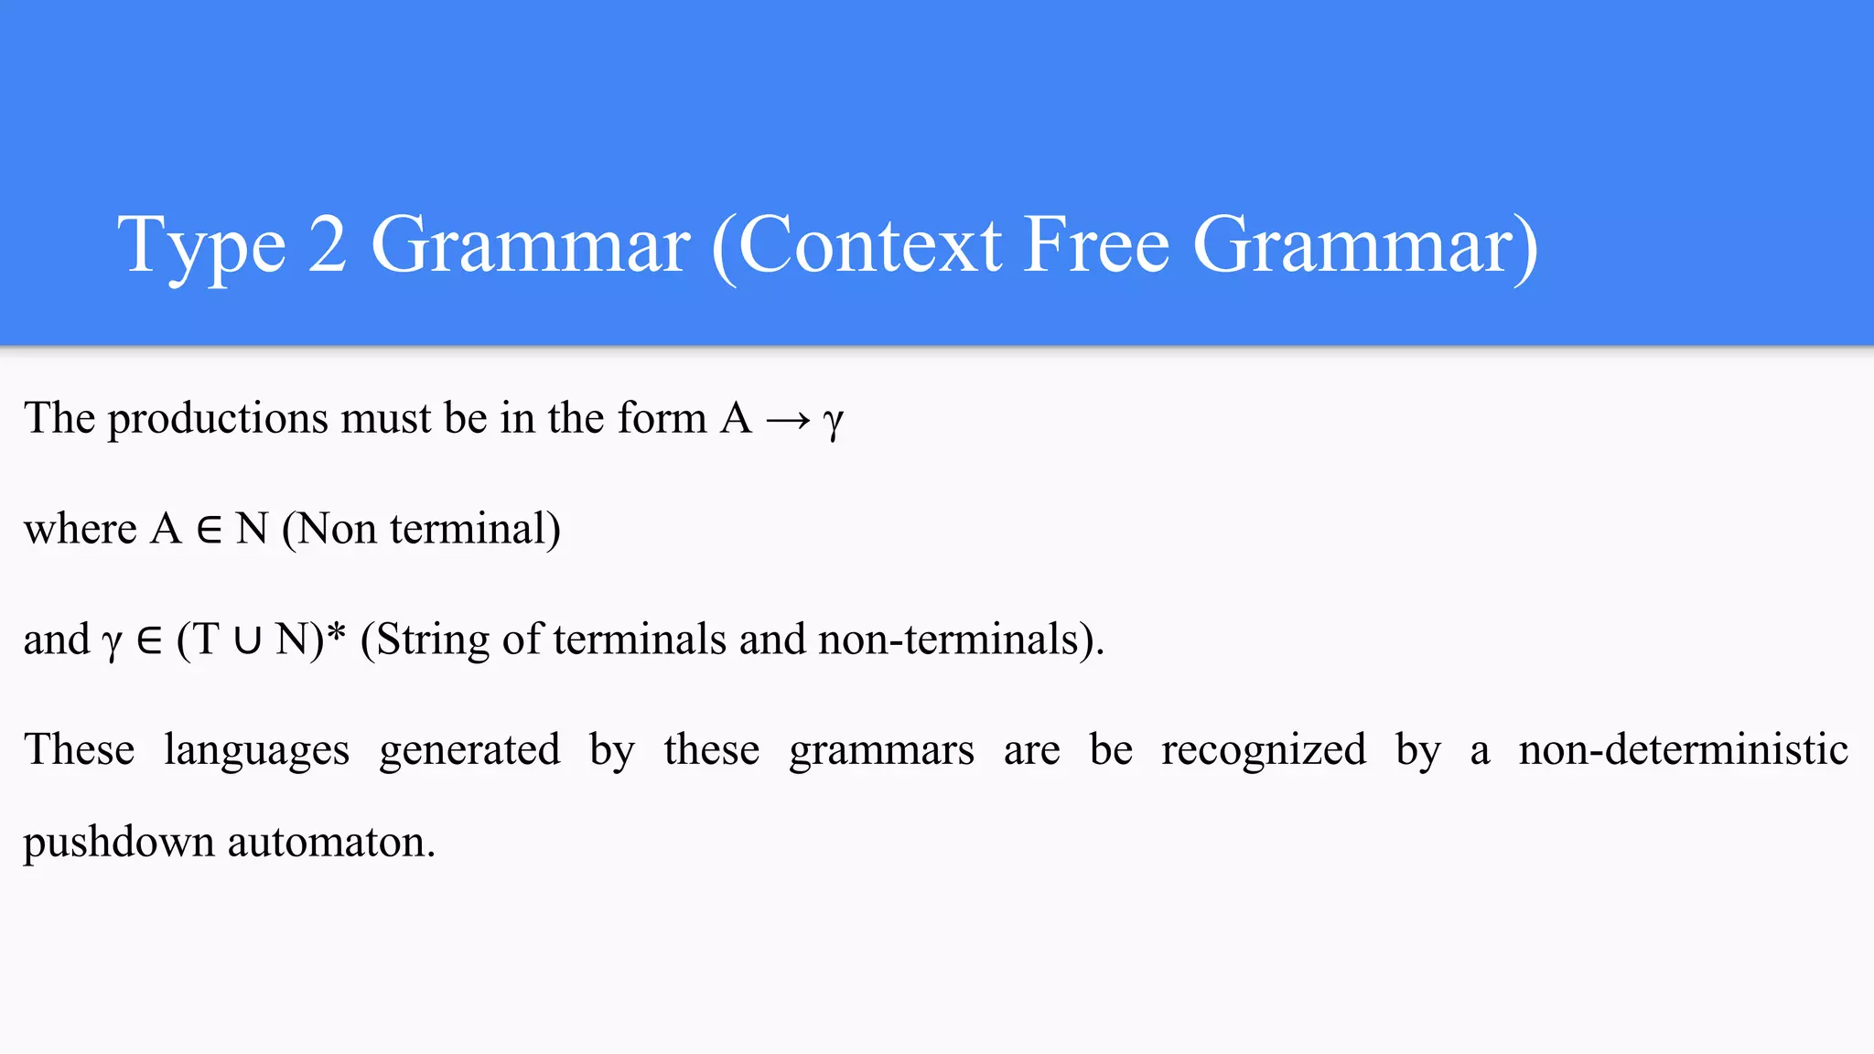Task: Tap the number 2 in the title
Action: pyautogui.click(x=328, y=245)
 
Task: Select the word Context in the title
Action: pyautogui.click(x=869, y=245)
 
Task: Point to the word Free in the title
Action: pyautogui.click(x=1096, y=245)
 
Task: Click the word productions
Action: pyautogui.click(x=218, y=419)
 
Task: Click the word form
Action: pyautogui.click(x=662, y=419)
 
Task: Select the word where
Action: pyautogui.click(x=81, y=529)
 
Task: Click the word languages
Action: pyautogui.click(x=256, y=750)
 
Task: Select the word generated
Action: pyautogui.click(x=469, y=750)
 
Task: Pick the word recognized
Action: pyautogui.click(x=1264, y=750)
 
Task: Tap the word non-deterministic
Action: pyautogui.click(x=1683, y=748)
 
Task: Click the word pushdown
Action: pyautogui.click(x=118, y=842)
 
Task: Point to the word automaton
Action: pyautogui.click(x=331, y=842)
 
